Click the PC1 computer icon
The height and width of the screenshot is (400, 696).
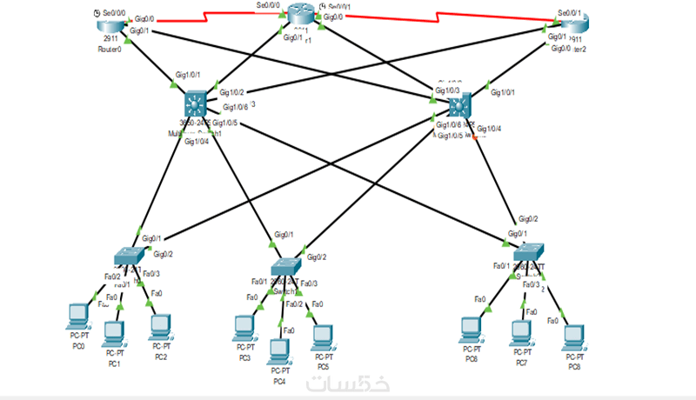click(x=114, y=334)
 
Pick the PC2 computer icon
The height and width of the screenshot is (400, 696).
click(x=159, y=326)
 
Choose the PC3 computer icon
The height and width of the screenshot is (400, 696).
click(x=244, y=328)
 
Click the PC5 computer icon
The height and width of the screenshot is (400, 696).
click(x=323, y=337)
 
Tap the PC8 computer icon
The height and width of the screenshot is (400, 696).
click(x=573, y=337)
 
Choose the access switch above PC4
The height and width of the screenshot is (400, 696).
click(x=284, y=266)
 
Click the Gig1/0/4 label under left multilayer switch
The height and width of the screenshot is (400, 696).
click(x=197, y=142)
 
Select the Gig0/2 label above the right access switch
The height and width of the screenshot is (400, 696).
click(x=528, y=219)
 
